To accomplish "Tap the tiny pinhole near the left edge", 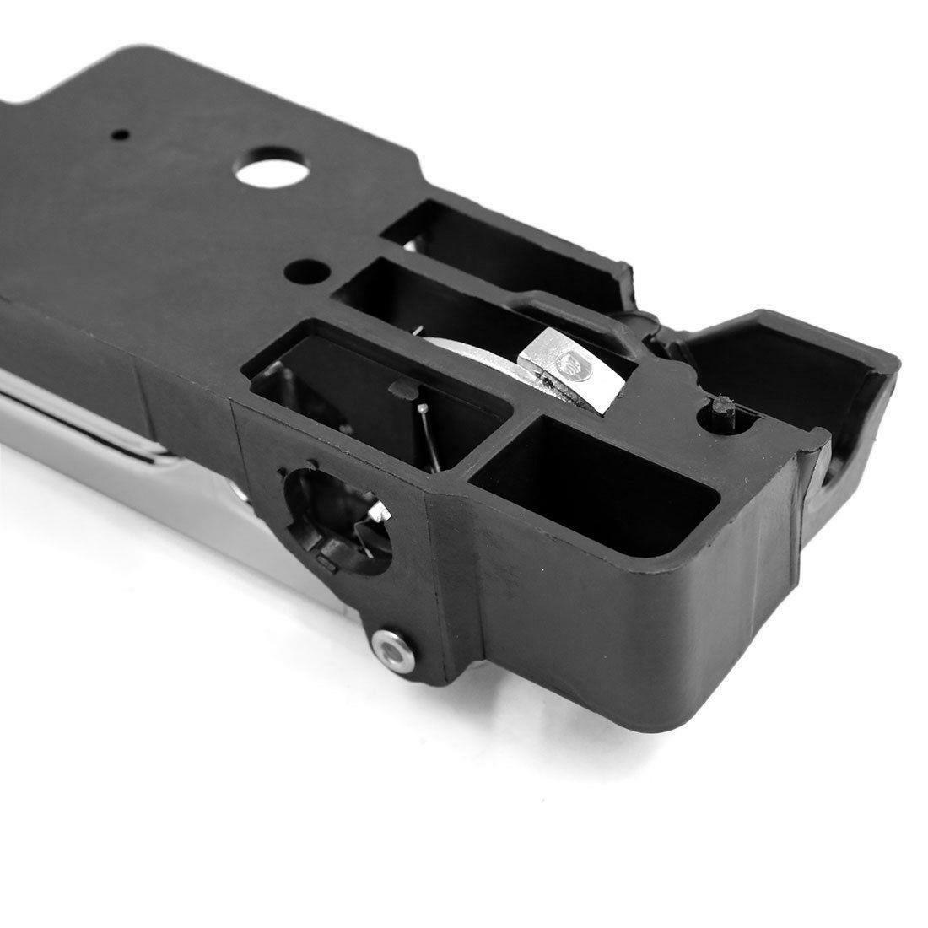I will point(123,134).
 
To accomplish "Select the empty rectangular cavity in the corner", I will point(591,472).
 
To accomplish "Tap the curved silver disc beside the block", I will point(472,354).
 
